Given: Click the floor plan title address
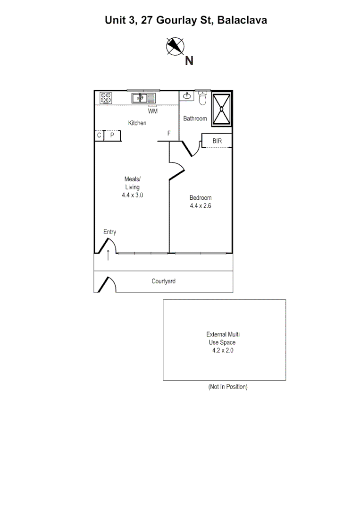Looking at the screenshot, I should [186, 20].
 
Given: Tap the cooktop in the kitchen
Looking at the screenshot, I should [106, 98].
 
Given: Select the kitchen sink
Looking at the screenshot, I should [143, 98].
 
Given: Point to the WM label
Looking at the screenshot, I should [153, 111].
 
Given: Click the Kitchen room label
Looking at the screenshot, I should [137, 123].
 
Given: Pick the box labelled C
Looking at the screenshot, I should [99, 136].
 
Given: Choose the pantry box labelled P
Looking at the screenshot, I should [112, 136].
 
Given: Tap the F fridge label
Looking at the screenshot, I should [168, 134].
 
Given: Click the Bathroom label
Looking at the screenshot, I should [195, 119].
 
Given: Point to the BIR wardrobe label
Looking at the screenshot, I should [217, 141].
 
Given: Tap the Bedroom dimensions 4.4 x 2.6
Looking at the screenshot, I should [201, 205].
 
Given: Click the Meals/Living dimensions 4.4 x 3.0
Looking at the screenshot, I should [132, 194].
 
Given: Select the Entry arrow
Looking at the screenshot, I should [109, 255].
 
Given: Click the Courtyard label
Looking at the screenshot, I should [163, 281].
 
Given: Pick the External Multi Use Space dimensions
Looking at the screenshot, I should [224, 350].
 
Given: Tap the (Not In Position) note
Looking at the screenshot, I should [228, 387].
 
